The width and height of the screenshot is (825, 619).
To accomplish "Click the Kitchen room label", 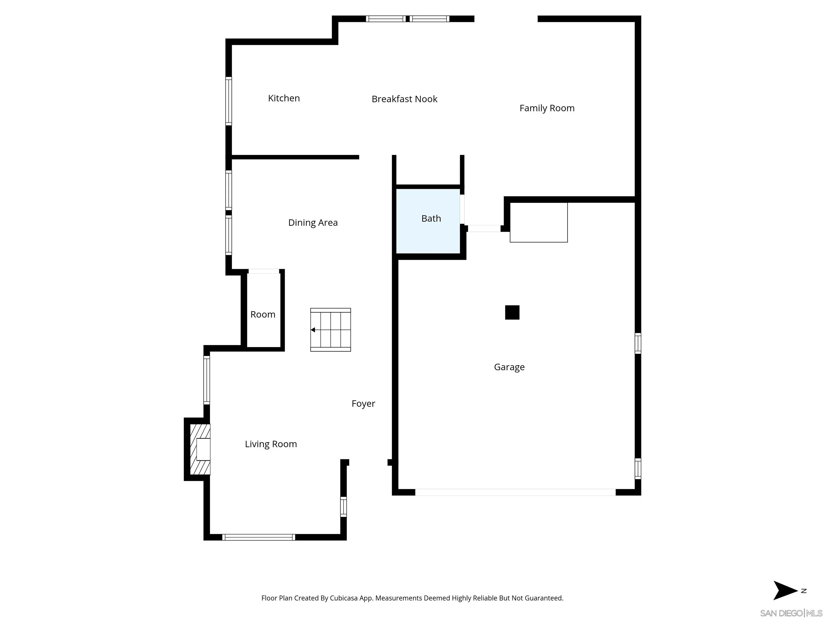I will (x=284, y=98).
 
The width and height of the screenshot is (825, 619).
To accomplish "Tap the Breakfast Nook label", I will (x=404, y=99).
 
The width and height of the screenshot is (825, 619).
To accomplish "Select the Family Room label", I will (x=547, y=108).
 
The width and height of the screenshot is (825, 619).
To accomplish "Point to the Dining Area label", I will (x=313, y=223).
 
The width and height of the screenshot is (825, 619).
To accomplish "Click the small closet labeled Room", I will (x=263, y=315).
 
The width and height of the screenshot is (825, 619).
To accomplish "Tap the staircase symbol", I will (x=330, y=330).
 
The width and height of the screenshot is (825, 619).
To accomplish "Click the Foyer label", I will (x=363, y=404).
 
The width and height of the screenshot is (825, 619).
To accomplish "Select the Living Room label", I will (x=271, y=444).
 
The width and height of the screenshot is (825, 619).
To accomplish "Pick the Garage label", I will (x=509, y=367).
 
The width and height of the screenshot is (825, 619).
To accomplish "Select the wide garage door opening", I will (x=515, y=492).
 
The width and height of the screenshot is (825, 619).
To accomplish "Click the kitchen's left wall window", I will (x=229, y=101).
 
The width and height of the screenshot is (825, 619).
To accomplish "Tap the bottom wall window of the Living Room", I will (x=258, y=537).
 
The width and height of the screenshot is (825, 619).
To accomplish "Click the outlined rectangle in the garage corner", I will (x=538, y=222).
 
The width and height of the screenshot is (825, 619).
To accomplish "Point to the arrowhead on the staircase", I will (x=313, y=330).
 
